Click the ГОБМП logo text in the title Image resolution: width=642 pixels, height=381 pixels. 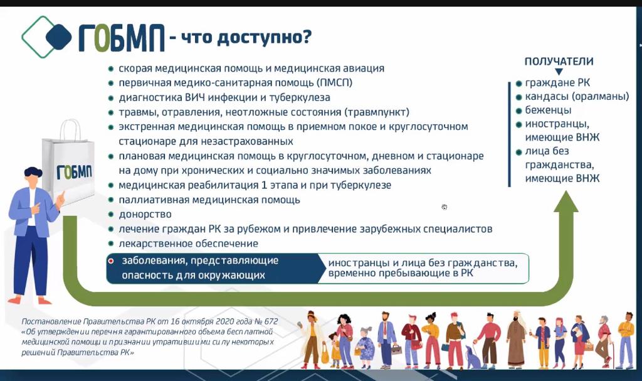click(121, 38)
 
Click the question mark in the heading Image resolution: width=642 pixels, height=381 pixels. click(306, 37)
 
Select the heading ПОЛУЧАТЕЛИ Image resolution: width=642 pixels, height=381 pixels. click(559, 62)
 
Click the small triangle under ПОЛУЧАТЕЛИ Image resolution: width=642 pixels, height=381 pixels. click(559, 72)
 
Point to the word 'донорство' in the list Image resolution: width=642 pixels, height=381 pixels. click(145, 215)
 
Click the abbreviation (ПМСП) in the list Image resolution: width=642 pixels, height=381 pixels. click(335, 83)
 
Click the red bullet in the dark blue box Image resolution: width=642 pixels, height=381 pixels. click(110, 261)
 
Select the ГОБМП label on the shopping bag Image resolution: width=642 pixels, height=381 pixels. click(74, 172)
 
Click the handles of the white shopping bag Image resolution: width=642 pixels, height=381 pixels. click(70, 129)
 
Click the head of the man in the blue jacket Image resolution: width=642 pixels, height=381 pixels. click(33, 176)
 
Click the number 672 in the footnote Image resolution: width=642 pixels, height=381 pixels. click(271, 321)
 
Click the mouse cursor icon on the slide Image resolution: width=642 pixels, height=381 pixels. click(445, 207)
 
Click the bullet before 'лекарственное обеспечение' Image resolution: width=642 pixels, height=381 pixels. click(110, 244)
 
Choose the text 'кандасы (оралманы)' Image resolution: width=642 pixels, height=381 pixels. click(577, 97)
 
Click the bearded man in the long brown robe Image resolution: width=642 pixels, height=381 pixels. click(517, 340)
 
